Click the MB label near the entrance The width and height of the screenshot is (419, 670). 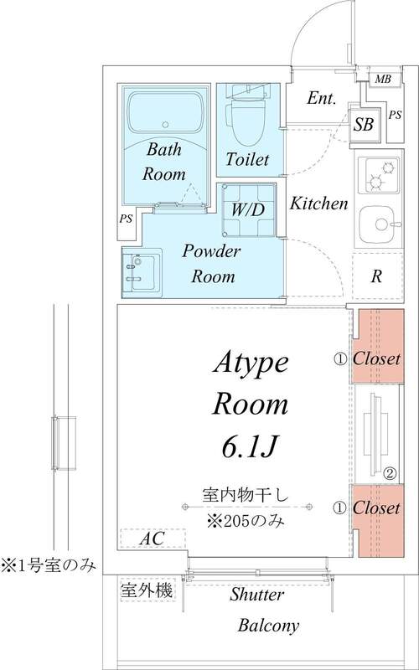pos(383,80)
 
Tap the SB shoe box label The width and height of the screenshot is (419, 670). pos(364,126)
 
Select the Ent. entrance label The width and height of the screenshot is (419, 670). pos(322,99)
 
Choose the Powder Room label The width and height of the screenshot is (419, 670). pos(212,264)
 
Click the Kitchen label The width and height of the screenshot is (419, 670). pos(319,203)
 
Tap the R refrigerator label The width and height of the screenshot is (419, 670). pos(377,276)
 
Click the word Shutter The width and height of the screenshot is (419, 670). pos(256,595)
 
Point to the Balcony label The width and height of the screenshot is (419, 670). pos(268,626)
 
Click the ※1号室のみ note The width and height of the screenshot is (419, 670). pos(48,565)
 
